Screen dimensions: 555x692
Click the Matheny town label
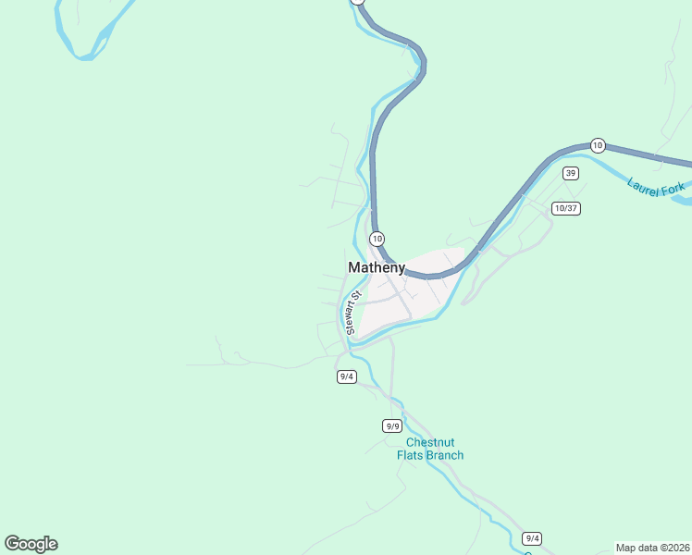coord(376,267)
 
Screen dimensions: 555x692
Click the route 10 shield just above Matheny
coord(377,239)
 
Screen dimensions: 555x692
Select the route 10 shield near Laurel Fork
coord(598,145)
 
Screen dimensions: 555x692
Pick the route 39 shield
coord(571,173)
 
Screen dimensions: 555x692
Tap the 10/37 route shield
coord(565,208)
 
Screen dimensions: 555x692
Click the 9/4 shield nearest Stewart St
coord(347,376)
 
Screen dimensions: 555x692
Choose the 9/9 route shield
coord(392,425)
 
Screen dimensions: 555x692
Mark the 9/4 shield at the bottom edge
coord(531,538)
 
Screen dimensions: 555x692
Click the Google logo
coord(31,544)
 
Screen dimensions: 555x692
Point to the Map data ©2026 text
coord(652,548)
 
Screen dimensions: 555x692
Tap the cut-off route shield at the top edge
coord(359,2)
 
